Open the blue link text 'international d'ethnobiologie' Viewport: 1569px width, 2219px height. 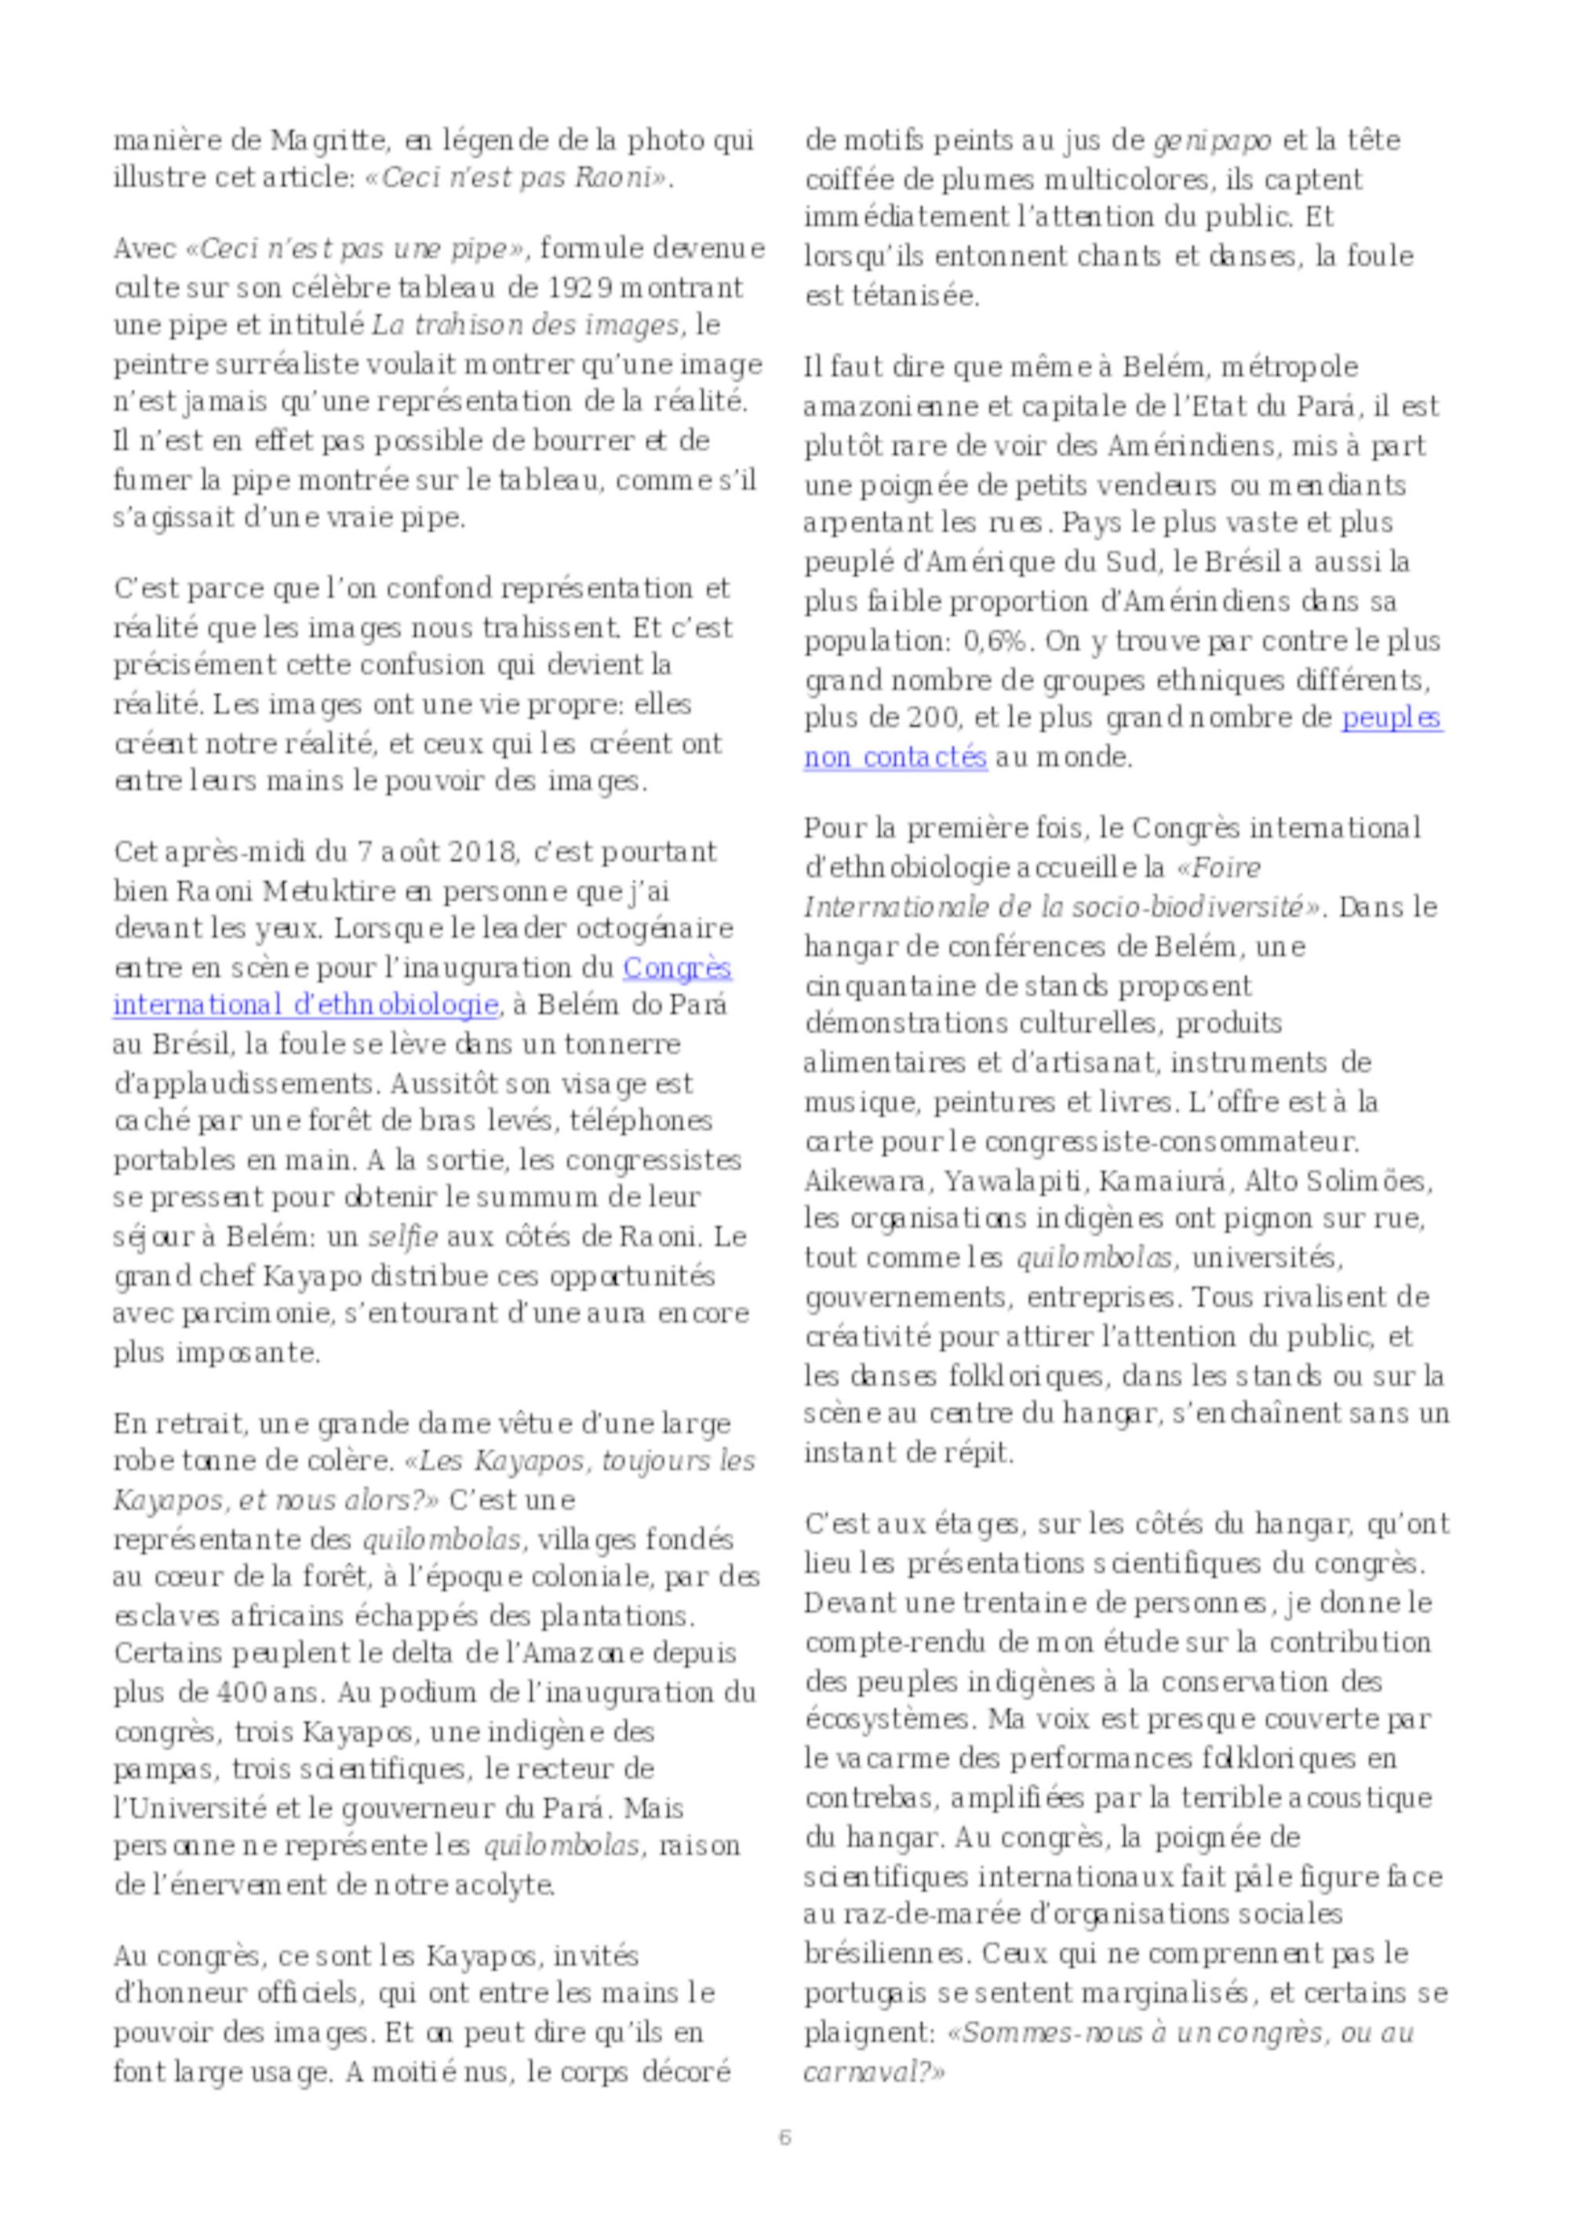point(305,1005)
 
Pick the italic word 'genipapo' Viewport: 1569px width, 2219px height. point(1212,141)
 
